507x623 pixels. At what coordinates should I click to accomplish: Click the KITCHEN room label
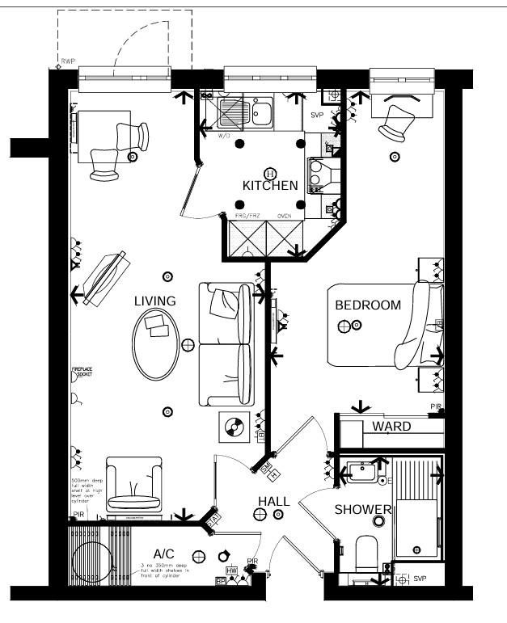point(270,186)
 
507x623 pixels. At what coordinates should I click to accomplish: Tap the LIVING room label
point(154,301)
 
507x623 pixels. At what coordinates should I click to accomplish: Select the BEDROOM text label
point(368,305)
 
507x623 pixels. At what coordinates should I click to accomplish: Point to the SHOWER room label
point(364,510)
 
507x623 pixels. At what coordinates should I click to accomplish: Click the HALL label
point(273,502)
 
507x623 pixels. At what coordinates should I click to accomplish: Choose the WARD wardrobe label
point(391,426)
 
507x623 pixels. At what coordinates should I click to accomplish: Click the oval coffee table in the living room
point(155,344)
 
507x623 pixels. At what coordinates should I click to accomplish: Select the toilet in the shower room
point(367,554)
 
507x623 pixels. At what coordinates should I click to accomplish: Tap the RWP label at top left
point(67,61)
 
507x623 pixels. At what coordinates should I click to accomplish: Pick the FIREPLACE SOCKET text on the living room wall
point(82,373)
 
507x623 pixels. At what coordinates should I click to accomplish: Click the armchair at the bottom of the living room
point(133,487)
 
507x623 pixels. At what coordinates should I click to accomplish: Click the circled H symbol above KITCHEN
point(270,173)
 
